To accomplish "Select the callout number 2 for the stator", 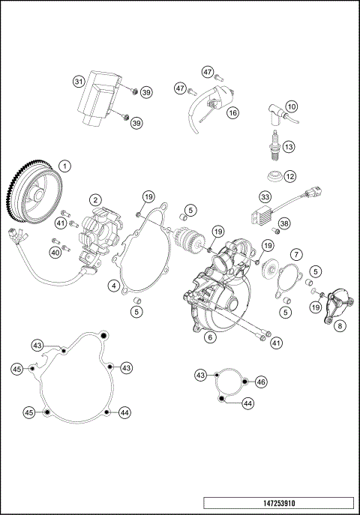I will point(95,199).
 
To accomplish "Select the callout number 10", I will point(291,106).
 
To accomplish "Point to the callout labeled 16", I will point(232,112).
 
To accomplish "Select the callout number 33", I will point(265,196).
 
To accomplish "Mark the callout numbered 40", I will point(55,253).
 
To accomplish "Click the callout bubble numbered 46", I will point(261,382).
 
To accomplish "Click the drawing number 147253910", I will point(277,503).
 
